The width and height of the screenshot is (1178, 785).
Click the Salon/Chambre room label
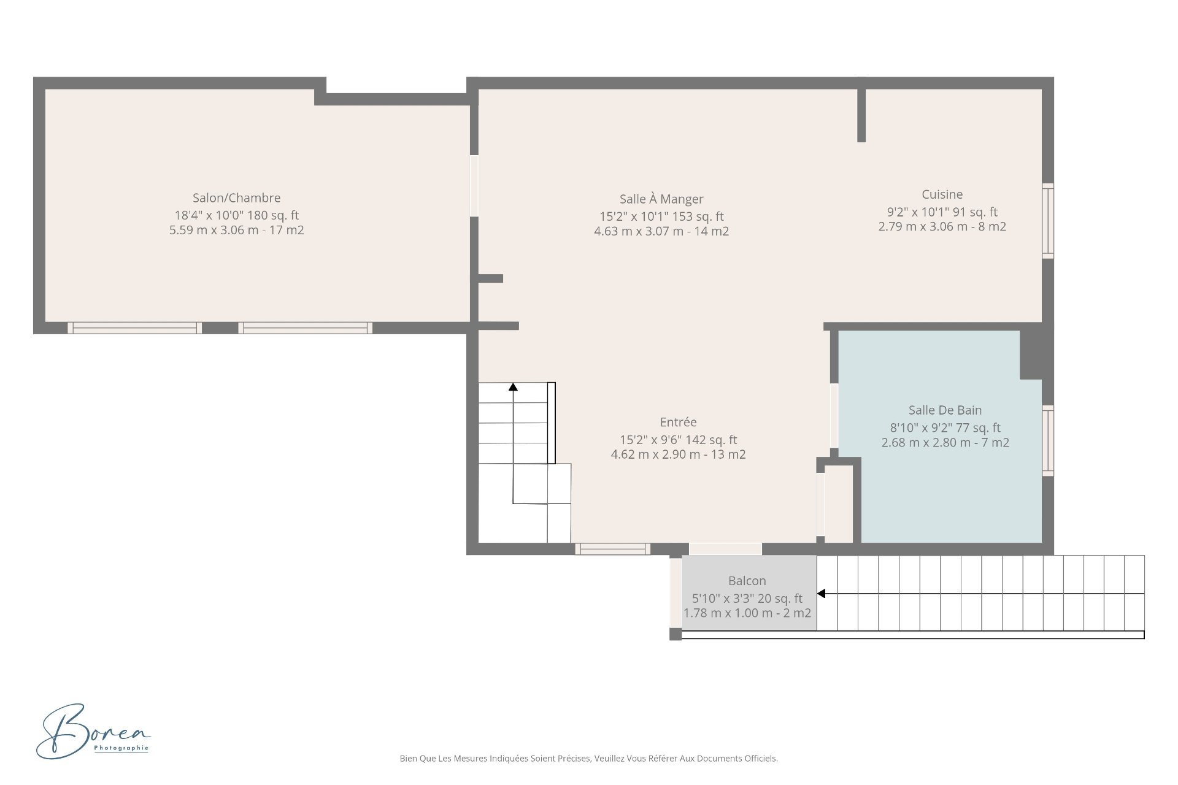pos(236,198)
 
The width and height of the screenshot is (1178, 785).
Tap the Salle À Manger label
pos(661,199)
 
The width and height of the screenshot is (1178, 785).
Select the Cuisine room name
pos(942,194)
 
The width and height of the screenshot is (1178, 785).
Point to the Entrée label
pos(678,422)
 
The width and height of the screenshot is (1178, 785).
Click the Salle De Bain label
pos(945,410)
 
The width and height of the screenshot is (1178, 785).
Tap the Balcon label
pos(747,581)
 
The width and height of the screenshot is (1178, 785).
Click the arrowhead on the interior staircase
pos(513,386)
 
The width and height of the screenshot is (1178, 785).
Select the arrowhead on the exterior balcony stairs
pos(821,593)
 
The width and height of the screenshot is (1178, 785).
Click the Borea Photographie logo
pos(93,731)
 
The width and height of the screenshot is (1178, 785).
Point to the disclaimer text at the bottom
pos(588,759)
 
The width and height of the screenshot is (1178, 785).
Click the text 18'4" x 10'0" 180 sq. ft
pos(236,215)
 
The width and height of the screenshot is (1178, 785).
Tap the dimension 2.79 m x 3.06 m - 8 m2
pos(942,226)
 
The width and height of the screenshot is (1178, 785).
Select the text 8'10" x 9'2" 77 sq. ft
pos(945,427)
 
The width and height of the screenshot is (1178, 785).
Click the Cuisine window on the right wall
pos(1048,220)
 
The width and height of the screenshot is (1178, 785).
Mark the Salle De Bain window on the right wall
pos(1048,440)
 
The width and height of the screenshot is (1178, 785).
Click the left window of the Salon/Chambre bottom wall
pos(134,328)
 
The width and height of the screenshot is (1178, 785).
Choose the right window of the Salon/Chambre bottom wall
pos(305,328)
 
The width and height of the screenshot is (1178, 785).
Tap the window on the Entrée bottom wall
pos(612,549)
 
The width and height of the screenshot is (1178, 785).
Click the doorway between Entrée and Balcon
pos(725,549)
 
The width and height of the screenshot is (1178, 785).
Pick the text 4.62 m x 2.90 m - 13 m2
pos(678,454)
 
